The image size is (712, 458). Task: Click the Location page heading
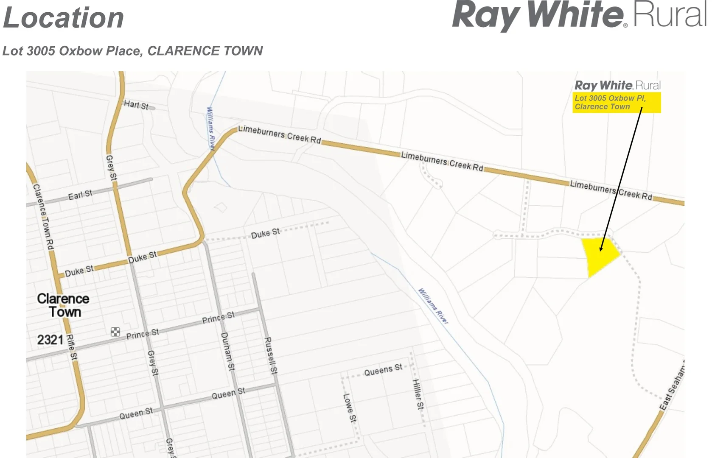click(x=64, y=18)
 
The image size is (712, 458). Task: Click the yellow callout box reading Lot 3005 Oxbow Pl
click(x=616, y=103)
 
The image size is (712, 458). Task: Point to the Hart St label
click(x=136, y=105)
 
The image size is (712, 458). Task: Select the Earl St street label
click(x=80, y=195)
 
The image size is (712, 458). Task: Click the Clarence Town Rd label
click(x=44, y=217)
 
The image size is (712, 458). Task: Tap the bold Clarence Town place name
click(x=64, y=305)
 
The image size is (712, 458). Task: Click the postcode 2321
click(x=50, y=340)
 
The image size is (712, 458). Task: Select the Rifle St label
click(x=72, y=347)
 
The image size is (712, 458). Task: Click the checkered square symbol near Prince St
click(x=115, y=332)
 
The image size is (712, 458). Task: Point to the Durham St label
click(x=227, y=352)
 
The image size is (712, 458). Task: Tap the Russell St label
click(x=270, y=355)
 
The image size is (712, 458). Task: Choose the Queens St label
click(x=383, y=370)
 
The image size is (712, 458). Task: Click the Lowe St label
click(x=350, y=408)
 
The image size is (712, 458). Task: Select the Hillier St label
click(x=418, y=394)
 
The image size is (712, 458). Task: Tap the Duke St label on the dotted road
click(x=265, y=234)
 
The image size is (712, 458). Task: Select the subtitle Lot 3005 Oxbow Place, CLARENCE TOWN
click(x=133, y=51)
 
